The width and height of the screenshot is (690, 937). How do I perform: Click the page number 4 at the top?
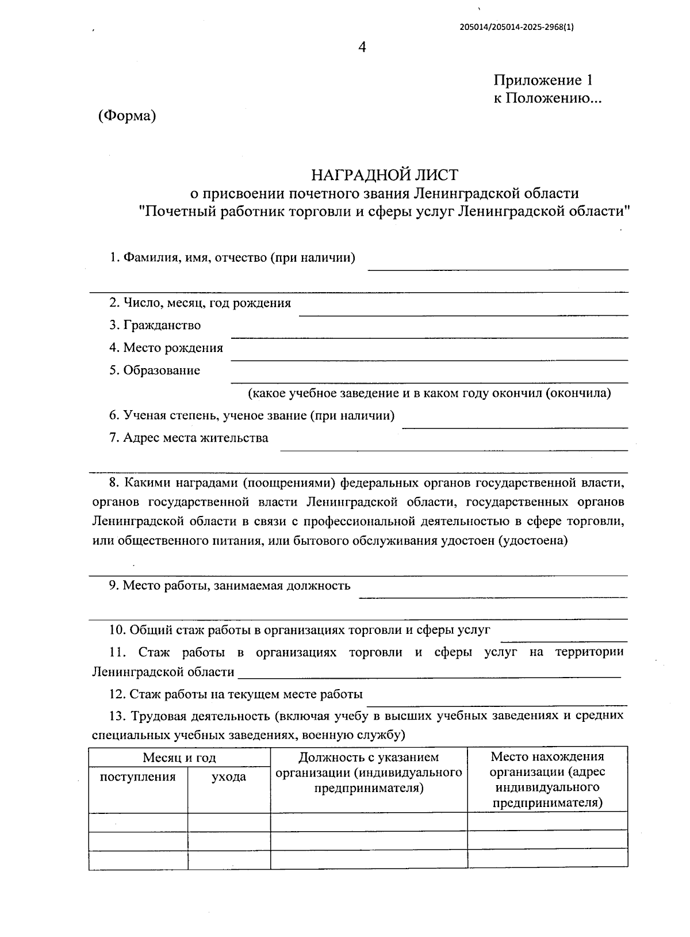point(362,48)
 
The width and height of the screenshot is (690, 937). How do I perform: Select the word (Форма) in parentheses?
point(127,116)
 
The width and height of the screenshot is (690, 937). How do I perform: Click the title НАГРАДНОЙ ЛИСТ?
point(385,174)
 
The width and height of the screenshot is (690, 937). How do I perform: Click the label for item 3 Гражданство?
point(155,326)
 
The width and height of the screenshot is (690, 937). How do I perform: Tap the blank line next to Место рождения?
point(428,359)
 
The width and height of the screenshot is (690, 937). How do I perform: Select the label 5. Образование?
point(155,370)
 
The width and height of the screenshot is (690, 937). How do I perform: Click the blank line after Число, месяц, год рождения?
point(463,313)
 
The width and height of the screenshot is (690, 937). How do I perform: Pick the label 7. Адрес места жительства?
point(189,438)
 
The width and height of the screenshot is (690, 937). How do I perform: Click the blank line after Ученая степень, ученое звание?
point(515,426)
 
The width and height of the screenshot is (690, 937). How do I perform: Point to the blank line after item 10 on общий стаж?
point(563,640)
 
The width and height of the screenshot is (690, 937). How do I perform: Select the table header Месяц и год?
point(179,758)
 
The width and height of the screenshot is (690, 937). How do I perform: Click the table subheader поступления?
point(138,777)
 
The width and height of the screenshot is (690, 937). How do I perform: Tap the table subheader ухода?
point(229,777)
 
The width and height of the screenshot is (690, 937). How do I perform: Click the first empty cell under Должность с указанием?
point(369,821)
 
